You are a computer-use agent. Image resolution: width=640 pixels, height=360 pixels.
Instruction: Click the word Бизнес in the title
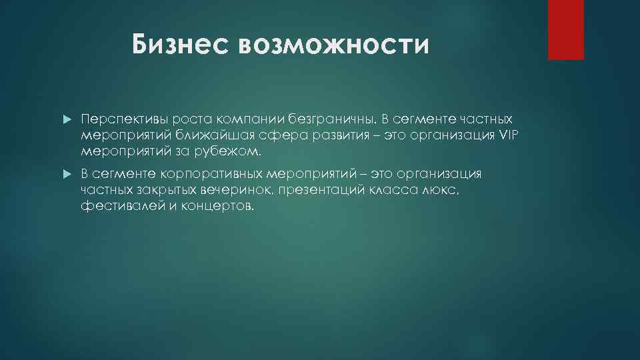click(179, 45)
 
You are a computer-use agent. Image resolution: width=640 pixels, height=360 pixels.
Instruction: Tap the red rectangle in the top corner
click(565, 29)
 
